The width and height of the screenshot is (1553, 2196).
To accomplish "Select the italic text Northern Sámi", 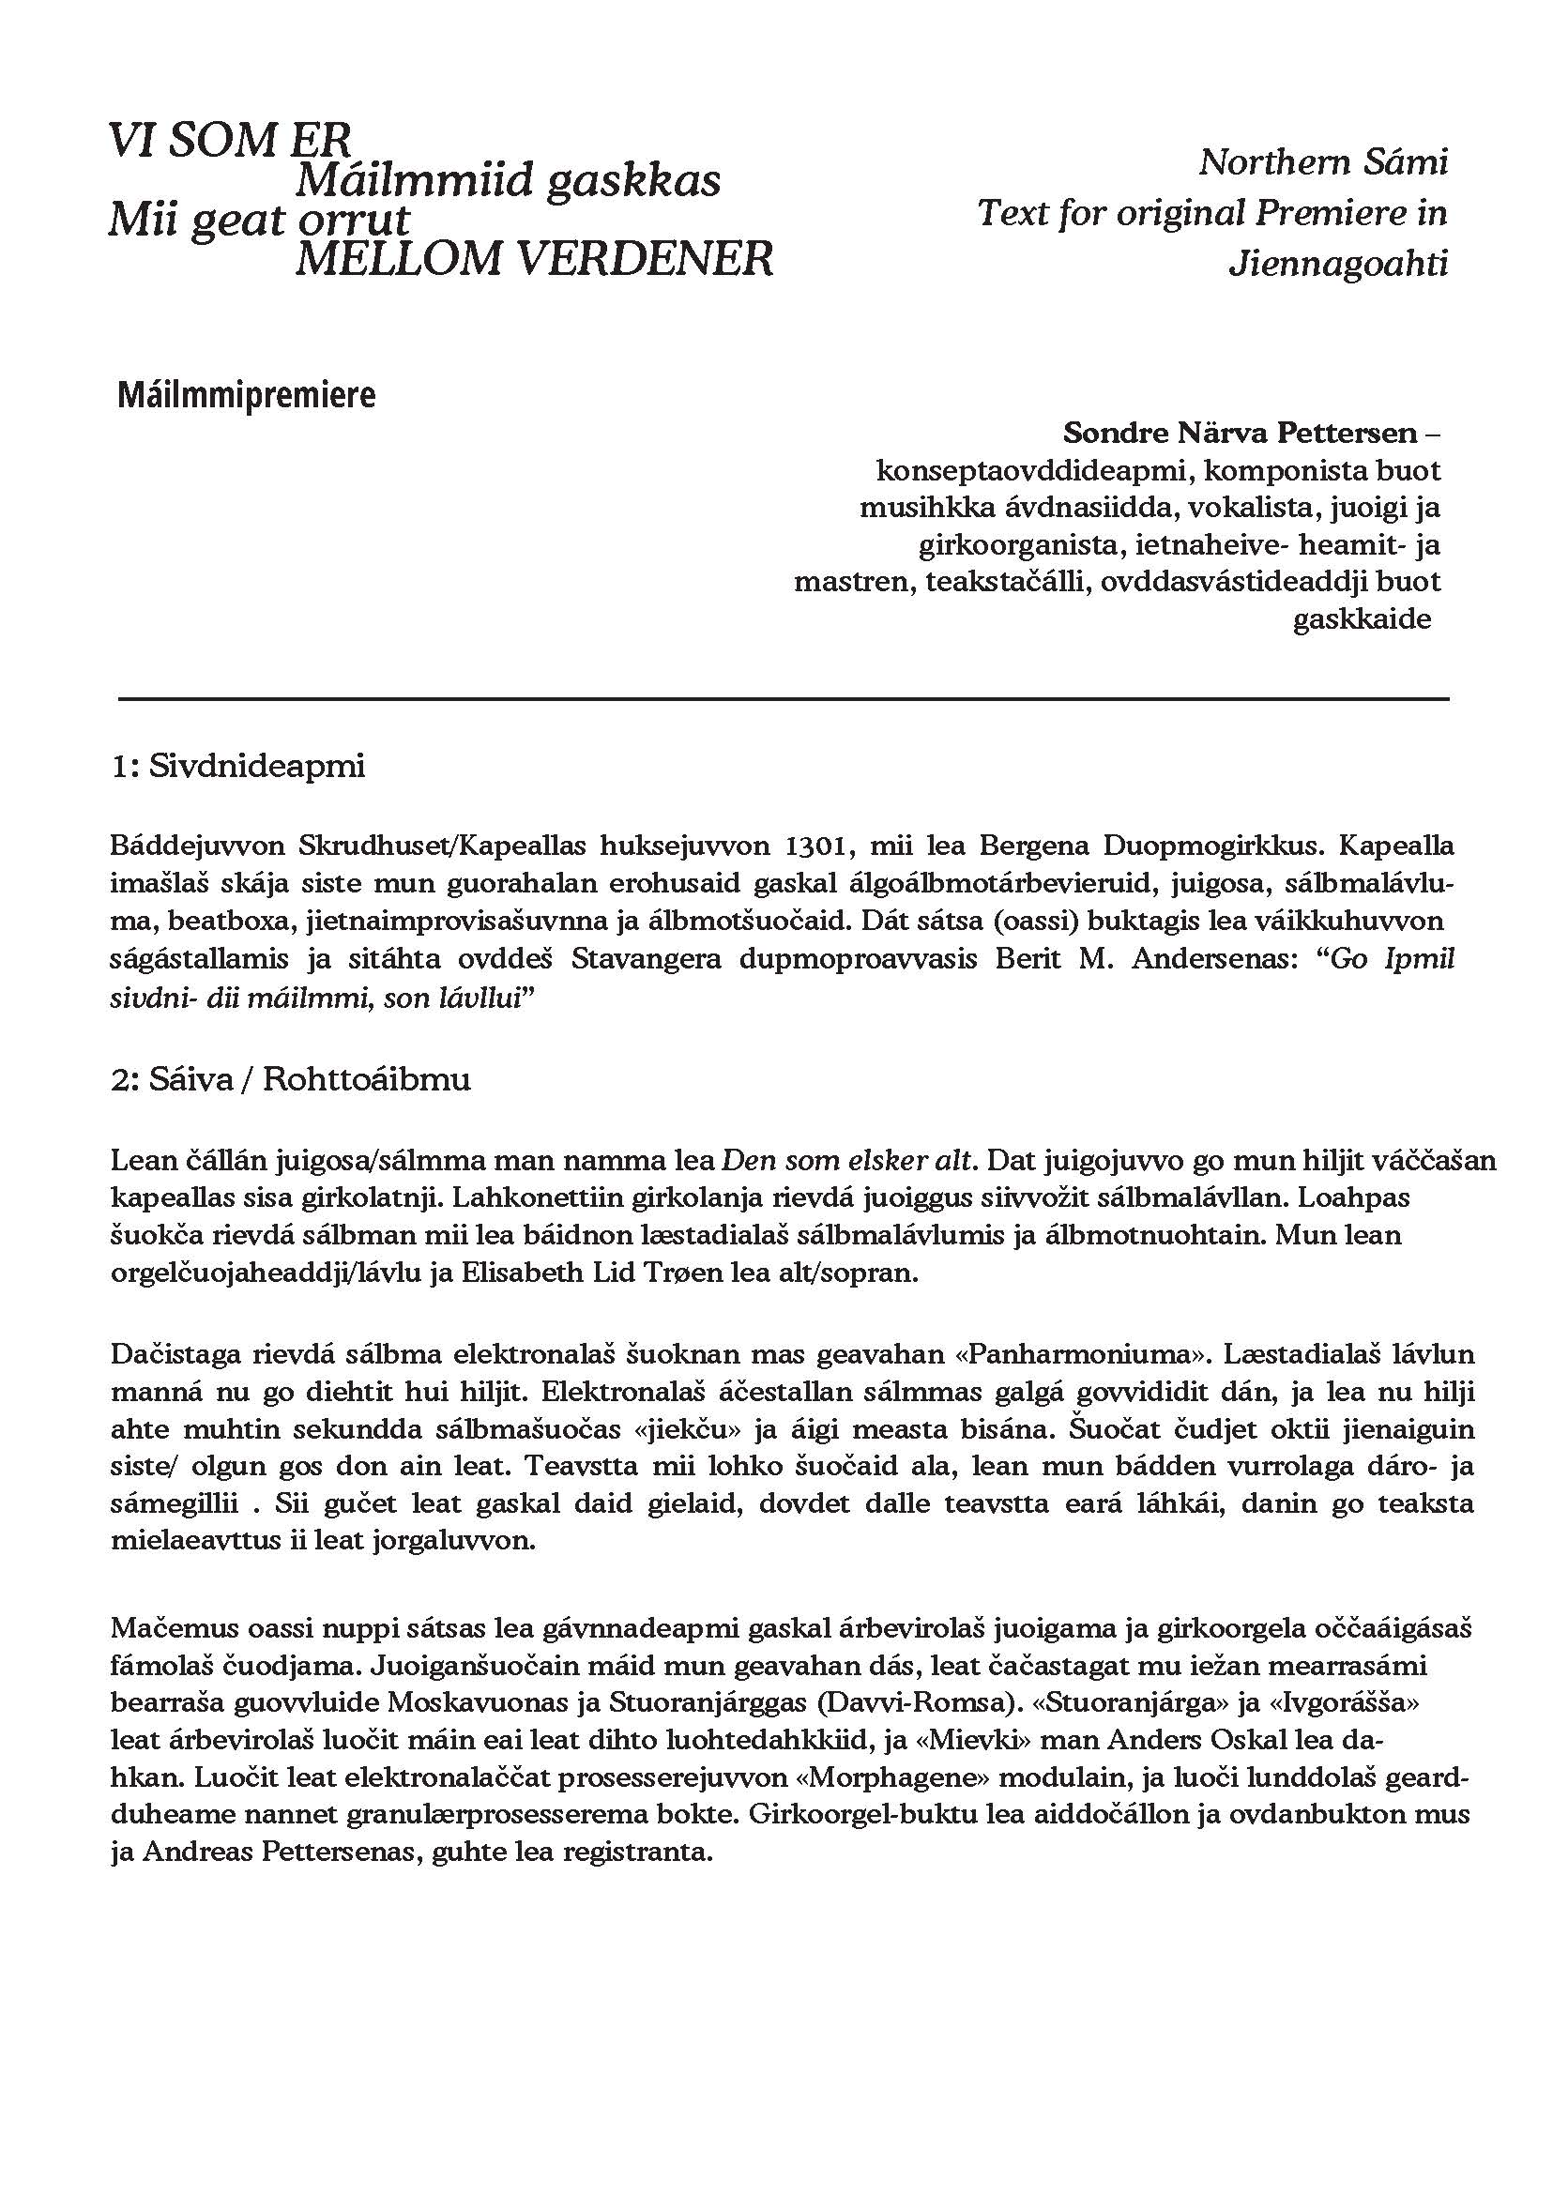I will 1323,162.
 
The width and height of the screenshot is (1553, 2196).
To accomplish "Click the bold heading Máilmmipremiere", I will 247,395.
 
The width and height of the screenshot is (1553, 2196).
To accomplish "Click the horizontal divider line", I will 784,700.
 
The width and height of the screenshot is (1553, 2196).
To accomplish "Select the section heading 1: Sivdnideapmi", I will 238,767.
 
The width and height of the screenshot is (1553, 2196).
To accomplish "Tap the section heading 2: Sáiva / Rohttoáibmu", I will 291,1080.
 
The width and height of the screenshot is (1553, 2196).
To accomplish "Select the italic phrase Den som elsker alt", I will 848,1160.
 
